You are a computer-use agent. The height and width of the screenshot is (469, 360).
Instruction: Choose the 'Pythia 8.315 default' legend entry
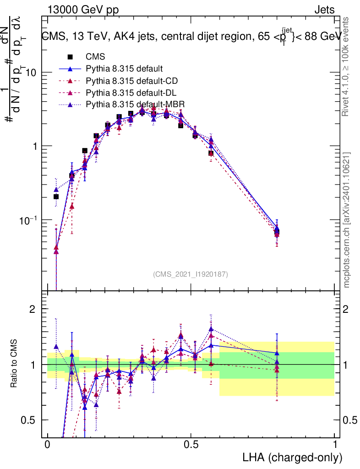pyautogui.click(x=124, y=69)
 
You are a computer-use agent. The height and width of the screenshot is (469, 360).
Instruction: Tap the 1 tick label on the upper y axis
pyautogui.click(x=34, y=146)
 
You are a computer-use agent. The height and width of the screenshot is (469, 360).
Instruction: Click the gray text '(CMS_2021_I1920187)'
pyautogui.click(x=191, y=274)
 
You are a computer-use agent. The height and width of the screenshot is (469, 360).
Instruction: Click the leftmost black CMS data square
pyautogui.click(x=56, y=196)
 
